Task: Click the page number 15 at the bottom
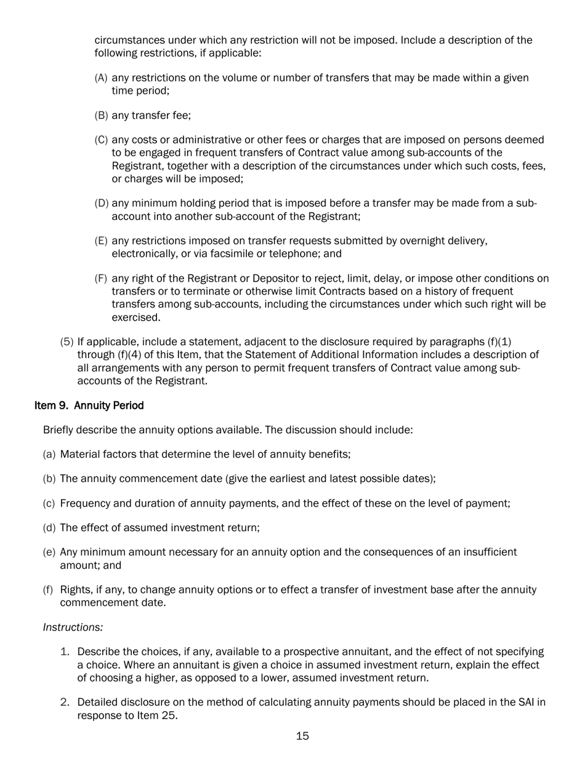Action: [x=302, y=736]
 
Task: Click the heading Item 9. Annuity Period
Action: [x=89, y=405]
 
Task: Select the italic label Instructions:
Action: [x=73, y=627]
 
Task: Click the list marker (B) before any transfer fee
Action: [x=101, y=115]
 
